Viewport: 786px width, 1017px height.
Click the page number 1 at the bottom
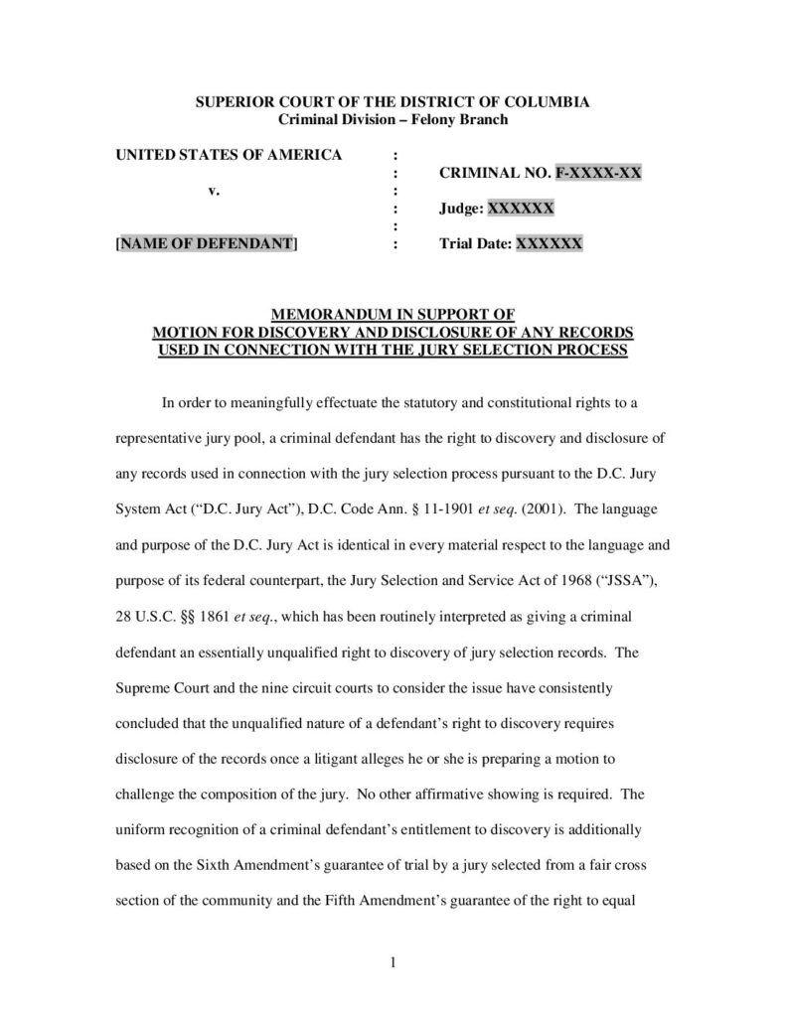click(x=393, y=961)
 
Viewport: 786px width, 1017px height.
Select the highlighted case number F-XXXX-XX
click(x=598, y=173)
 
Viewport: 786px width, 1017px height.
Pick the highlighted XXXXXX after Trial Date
click(x=549, y=244)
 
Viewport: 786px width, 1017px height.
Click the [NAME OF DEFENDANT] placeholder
click(x=207, y=244)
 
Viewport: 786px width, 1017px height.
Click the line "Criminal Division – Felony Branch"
click(x=393, y=120)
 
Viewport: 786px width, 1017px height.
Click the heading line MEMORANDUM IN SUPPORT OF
click(x=393, y=315)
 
